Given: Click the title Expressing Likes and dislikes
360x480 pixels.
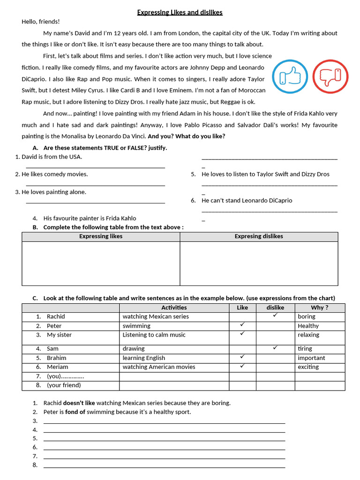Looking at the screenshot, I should [x=180, y=12].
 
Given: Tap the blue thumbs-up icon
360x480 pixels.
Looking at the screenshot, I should [x=290, y=76].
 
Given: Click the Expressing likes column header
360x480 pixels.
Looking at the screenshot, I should [x=101, y=236].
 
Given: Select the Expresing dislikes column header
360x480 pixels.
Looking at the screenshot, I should [x=259, y=236].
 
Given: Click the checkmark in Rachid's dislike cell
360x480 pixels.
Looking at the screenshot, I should [x=275, y=315].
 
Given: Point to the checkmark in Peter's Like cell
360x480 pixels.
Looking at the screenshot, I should [x=242, y=325].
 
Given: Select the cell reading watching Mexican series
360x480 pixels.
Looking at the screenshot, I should [x=156, y=316].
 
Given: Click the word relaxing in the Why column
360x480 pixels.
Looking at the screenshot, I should [x=308, y=335].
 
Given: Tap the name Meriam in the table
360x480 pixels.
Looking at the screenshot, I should [x=57, y=367].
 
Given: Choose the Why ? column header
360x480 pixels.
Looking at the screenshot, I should [x=320, y=307].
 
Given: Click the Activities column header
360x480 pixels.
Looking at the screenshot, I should [x=174, y=307].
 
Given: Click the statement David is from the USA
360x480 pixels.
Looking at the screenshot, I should [x=52, y=157].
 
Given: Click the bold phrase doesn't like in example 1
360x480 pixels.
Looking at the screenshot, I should [x=79, y=403].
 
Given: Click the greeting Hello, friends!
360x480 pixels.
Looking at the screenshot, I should [x=41, y=22].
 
